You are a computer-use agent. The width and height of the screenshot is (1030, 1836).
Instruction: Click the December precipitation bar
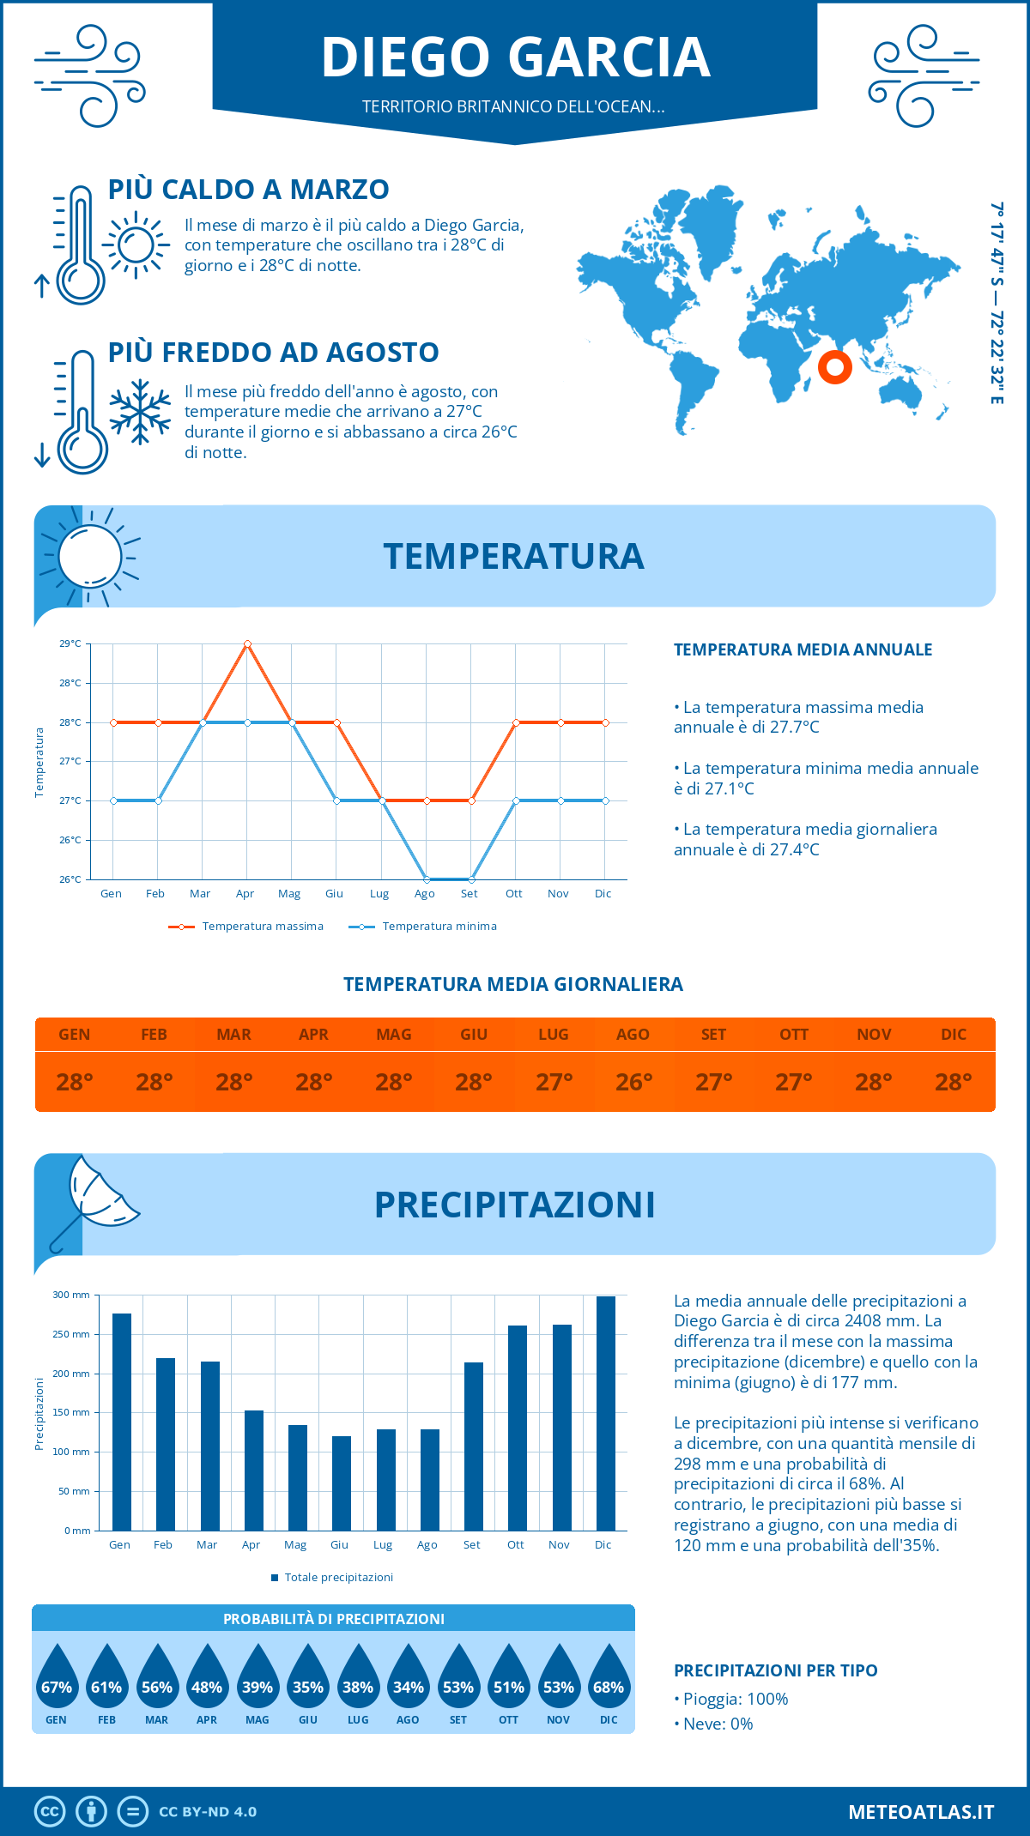(x=605, y=1413)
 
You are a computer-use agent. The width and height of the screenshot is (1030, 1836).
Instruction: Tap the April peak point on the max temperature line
(x=247, y=643)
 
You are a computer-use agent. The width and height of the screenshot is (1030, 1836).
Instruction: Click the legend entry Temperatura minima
(x=439, y=927)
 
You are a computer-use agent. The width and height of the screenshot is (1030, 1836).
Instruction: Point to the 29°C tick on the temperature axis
(x=70, y=643)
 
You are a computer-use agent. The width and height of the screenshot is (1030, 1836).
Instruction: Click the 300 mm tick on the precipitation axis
(x=71, y=1295)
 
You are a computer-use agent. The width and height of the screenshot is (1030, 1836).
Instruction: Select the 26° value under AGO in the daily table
(x=633, y=1082)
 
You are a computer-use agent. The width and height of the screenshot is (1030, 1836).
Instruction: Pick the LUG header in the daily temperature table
(x=554, y=1034)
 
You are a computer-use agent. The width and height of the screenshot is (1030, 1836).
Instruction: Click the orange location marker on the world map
(x=834, y=367)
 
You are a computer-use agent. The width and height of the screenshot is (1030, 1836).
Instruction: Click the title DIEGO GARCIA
(x=515, y=57)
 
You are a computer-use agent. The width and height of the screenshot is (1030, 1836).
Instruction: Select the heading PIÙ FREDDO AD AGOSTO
(x=273, y=352)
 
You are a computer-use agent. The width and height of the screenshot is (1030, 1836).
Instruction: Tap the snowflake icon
(x=140, y=412)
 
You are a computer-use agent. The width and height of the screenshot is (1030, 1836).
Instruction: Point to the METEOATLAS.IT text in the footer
(x=921, y=1811)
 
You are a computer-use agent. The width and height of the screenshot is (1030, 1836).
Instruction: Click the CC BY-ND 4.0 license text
(x=208, y=1811)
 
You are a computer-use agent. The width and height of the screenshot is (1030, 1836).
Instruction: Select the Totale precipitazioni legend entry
(x=337, y=1577)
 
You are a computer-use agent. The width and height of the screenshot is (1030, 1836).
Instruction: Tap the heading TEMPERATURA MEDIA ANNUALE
(x=803, y=649)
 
